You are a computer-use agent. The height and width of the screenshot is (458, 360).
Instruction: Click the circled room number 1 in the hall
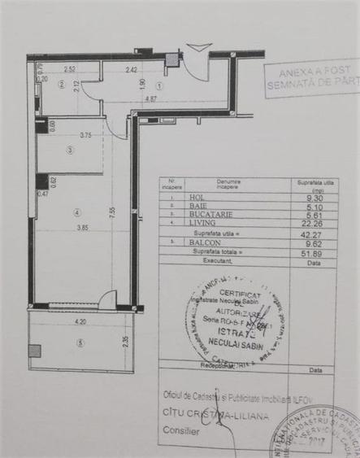159,85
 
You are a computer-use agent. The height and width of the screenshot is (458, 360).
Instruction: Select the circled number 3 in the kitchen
71,150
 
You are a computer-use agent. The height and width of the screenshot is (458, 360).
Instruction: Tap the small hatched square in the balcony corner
34,351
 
